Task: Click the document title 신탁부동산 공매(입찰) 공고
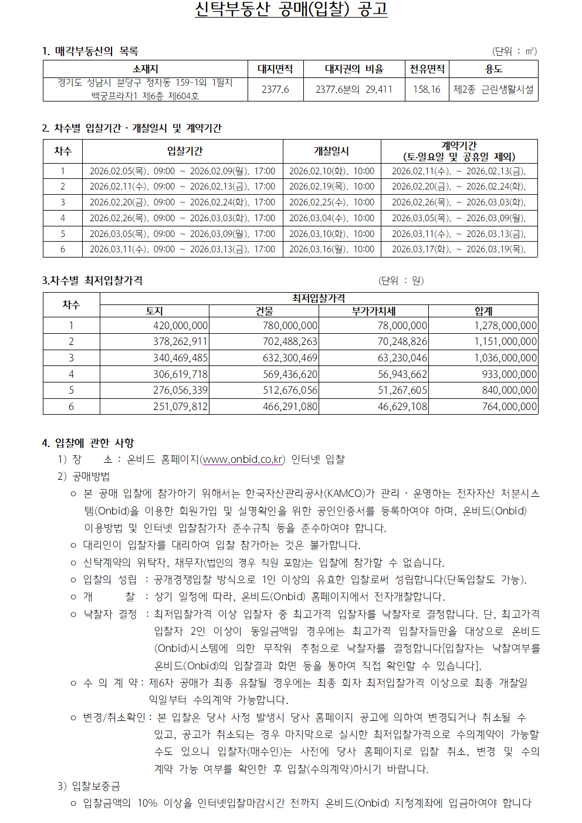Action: [x=291, y=10]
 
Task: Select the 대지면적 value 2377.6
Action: [x=275, y=89]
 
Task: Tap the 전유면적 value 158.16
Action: [x=427, y=89]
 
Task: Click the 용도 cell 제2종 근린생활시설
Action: [x=493, y=89]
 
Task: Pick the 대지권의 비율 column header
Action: [x=354, y=69]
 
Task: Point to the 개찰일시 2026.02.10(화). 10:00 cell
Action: [x=331, y=171]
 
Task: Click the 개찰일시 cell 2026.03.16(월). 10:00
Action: [x=331, y=249]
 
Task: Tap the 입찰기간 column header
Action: [x=185, y=151]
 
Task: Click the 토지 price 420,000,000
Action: [x=180, y=326]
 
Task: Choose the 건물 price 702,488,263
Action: [x=290, y=341]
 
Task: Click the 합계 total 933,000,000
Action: [x=509, y=374]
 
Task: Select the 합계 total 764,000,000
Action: [x=509, y=407]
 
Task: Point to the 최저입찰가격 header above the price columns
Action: [x=319, y=299]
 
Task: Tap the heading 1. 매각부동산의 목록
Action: [x=90, y=51]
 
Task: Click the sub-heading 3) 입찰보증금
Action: [x=89, y=786]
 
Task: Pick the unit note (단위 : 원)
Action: [x=401, y=281]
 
